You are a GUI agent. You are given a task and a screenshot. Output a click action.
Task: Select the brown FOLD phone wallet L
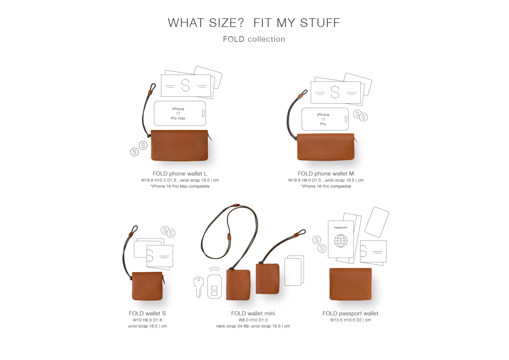click(x=179, y=145)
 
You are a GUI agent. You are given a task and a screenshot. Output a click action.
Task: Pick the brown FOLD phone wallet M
click(x=326, y=147)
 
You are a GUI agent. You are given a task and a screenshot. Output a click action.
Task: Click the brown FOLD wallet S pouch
click(x=147, y=286)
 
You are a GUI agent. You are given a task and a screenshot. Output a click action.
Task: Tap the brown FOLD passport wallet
click(x=350, y=284)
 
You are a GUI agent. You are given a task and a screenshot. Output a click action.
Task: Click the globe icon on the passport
click(x=341, y=241)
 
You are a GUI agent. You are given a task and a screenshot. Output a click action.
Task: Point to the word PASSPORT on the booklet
click(x=341, y=228)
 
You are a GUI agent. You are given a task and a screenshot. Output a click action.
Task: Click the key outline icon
click(x=199, y=287)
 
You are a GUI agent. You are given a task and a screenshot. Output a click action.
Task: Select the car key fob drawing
click(x=214, y=286)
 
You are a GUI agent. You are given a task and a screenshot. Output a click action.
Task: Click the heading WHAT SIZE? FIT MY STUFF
click(x=254, y=23)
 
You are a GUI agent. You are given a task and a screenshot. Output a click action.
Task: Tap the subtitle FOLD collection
click(x=254, y=39)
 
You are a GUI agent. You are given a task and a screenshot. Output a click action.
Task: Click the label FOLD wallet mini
click(x=253, y=313)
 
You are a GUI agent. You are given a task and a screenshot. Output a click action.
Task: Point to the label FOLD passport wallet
click(x=350, y=313)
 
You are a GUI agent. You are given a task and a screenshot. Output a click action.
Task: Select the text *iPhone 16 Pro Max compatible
click(x=180, y=186)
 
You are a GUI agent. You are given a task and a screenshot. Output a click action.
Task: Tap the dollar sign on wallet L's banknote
click(x=185, y=85)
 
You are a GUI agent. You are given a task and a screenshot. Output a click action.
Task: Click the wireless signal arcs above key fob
click(x=214, y=269)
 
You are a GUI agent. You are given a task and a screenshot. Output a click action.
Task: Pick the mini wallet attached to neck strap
click(x=238, y=284)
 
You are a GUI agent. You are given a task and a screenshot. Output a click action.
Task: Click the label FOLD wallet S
click(x=147, y=313)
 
